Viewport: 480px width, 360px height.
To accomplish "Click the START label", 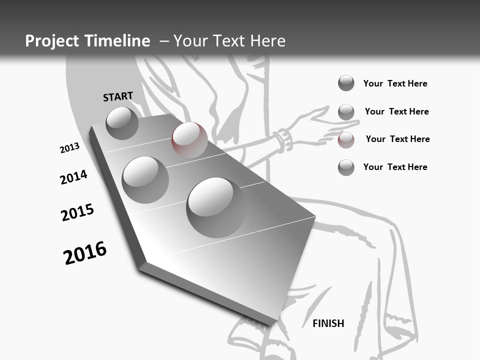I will tap(118, 96).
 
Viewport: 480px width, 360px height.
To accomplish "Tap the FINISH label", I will tap(328, 323).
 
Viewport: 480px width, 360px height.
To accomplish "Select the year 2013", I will tap(69, 148).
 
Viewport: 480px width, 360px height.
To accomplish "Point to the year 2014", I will tap(73, 177).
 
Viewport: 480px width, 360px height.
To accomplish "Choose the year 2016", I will tap(85, 253).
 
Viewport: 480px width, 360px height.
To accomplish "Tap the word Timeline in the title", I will tap(119, 41).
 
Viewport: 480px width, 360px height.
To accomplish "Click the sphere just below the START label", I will tap(122, 123).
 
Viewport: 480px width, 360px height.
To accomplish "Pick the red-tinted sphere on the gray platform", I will tap(189, 139).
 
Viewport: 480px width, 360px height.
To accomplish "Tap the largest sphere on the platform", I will tap(217, 207).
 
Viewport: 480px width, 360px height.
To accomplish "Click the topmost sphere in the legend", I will tap(346, 83).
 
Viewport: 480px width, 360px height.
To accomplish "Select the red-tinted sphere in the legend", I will tap(346, 140).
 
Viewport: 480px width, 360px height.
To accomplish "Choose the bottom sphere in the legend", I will tap(346, 167).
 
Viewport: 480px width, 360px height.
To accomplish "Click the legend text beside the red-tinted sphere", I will tap(397, 139).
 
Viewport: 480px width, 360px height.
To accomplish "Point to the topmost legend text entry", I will tap(395, 83).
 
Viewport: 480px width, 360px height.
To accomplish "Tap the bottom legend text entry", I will tap(395, 167).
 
